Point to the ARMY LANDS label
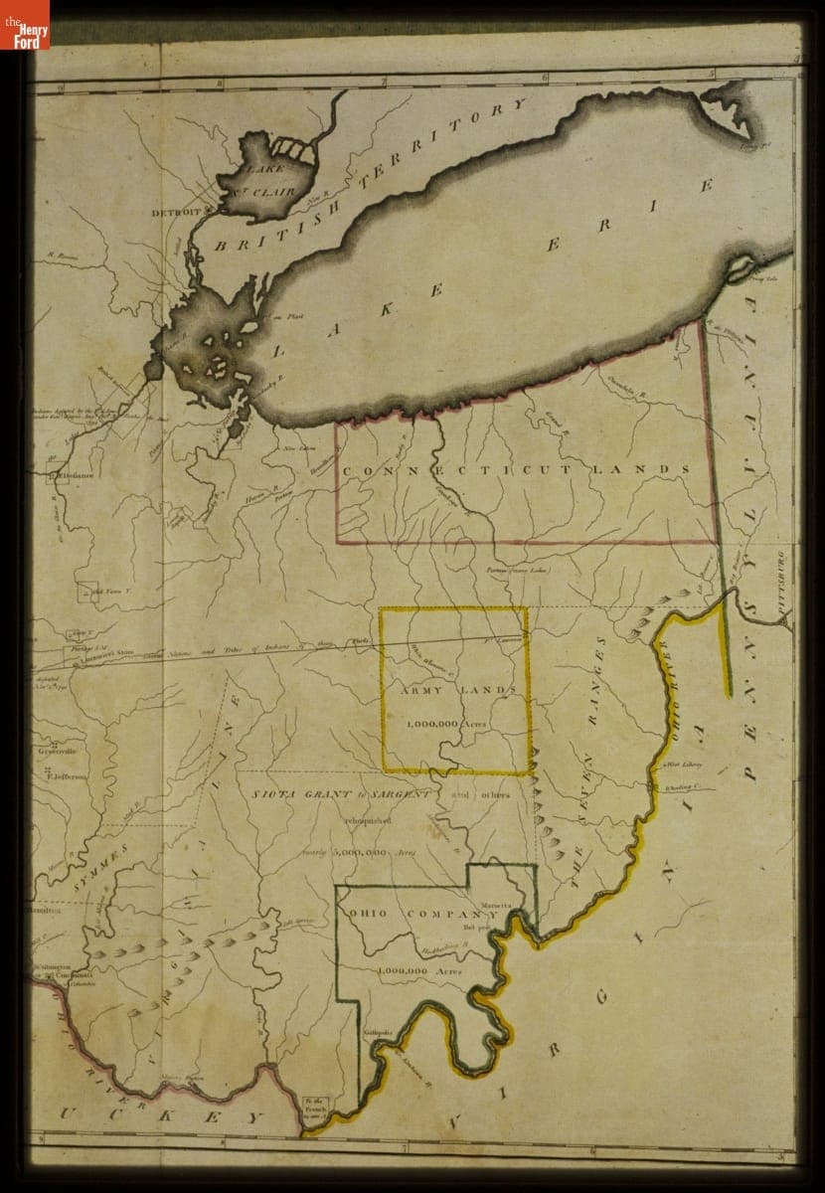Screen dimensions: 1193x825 tap(458, 690)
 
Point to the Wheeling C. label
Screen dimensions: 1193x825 tap(685, 788)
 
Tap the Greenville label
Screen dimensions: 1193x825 tap(51, 752)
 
